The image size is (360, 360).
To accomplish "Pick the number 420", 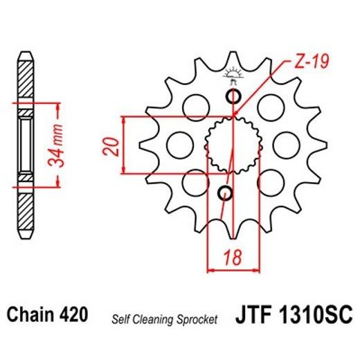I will tap(74, 316).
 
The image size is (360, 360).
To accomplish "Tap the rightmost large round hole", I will tap(285, 144).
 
